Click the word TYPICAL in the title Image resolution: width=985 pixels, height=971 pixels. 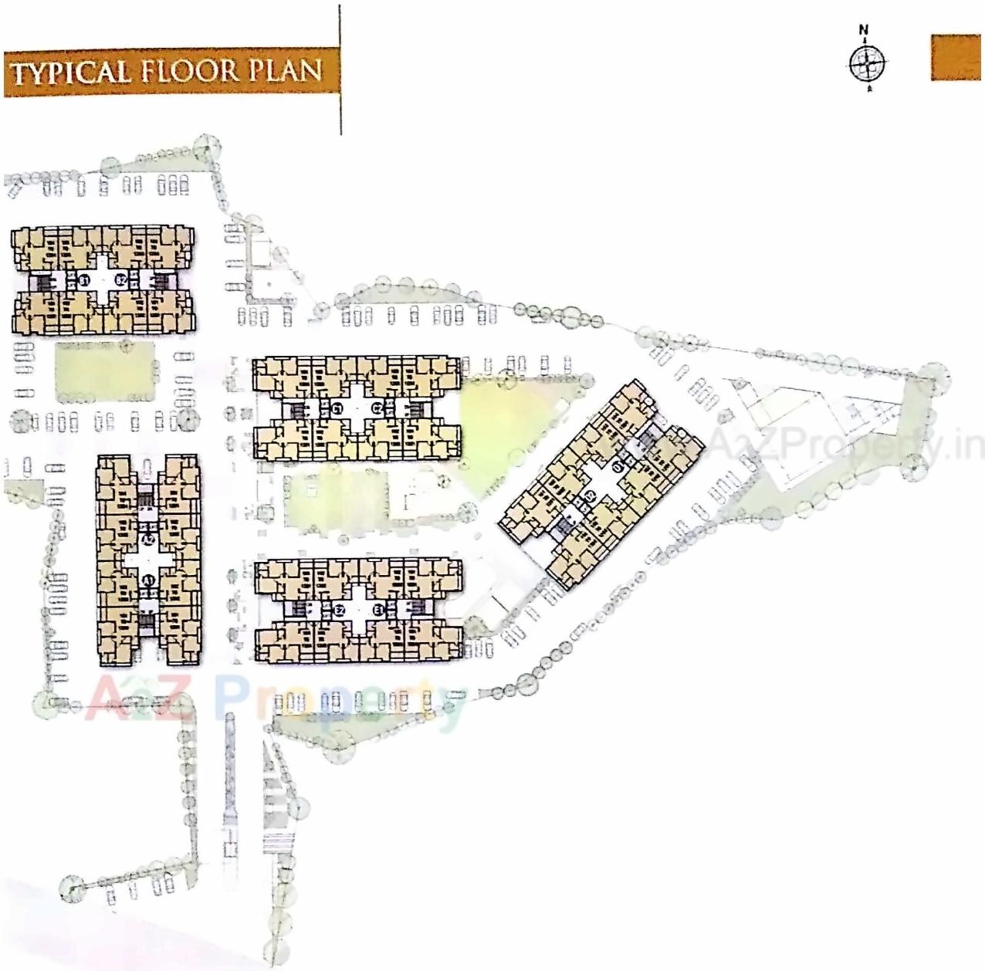69,73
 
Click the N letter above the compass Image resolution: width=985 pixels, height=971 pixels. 864,31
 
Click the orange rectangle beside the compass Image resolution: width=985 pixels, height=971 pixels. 956,57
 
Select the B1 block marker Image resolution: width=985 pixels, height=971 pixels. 84,280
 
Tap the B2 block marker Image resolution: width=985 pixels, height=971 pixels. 120,280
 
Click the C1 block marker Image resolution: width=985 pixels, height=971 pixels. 337,408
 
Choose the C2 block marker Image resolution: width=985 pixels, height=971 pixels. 377,408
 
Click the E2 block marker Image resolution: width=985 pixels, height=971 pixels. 338,611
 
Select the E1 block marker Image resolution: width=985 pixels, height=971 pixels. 377,611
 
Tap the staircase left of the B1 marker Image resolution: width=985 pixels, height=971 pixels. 48,282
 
